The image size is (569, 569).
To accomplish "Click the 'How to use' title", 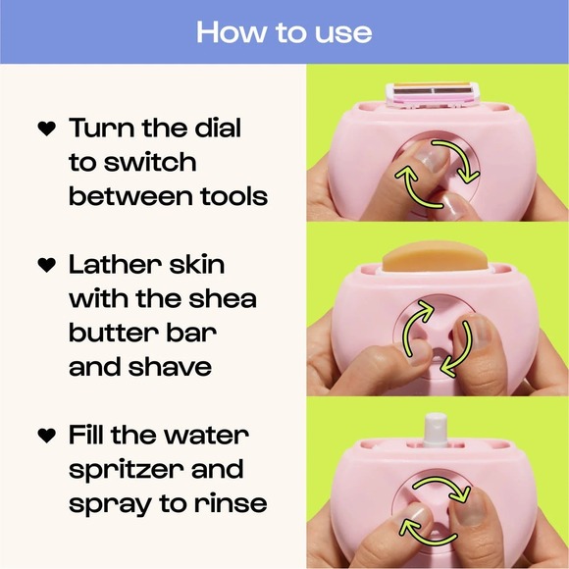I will [x=284, y=31].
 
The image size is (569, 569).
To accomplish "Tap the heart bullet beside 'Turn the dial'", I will [x=45, y=129].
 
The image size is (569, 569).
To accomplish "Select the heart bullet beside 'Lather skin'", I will [x=45, y=266].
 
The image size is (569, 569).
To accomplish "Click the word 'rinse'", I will [x=229, y=503].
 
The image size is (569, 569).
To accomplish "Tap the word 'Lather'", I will [x=116, y=265].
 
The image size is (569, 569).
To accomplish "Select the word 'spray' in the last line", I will [x=107, y=504].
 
